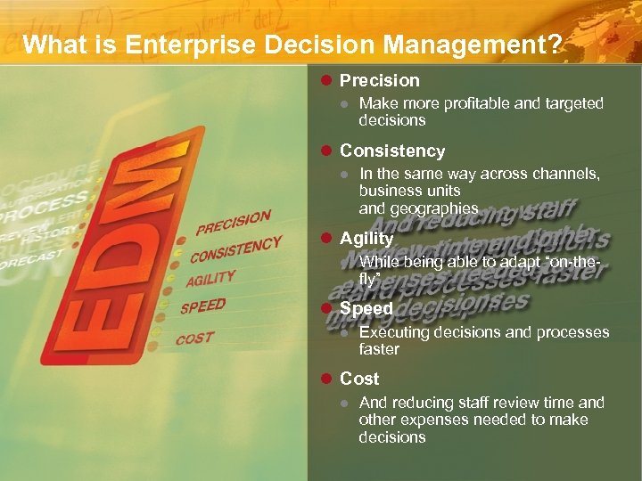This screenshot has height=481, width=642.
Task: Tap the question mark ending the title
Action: pyautogui.click(x=556, y=45)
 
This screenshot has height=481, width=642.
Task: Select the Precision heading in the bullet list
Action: pyautogui.click(x=379, y=81)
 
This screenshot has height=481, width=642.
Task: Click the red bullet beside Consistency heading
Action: pyautogui.click(x=326, y=151)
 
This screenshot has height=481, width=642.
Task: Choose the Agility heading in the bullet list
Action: pyautogui.click(x=366, y=239)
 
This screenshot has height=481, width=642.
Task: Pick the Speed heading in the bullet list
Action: pyautogui.click(x=366, y=308)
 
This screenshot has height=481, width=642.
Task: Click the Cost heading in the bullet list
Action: pyautogui.click(x=359, y=379)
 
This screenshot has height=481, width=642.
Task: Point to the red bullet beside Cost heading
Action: pyautogui.click(x=326, y=379)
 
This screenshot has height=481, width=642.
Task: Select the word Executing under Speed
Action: pyautogui.click(x=394, y=332)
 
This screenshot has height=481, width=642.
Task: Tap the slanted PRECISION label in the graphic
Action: pyautogui.click(x=233, y=222)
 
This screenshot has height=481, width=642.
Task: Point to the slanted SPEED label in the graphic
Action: pyautogui.click(x=202, y=307)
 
